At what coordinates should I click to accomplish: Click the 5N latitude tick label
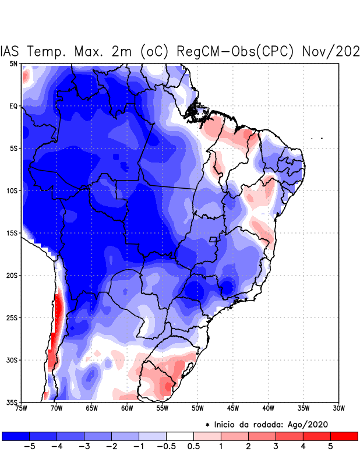coord(13,63)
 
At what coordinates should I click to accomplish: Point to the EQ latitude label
coord(13,106)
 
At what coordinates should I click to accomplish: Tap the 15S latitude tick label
coord(12,233)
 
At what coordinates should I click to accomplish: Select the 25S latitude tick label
coord(12,317)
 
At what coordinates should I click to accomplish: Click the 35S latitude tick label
coord(12,402)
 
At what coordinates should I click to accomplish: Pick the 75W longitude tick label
coord(22,408)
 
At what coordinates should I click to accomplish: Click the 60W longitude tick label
coord(126,408)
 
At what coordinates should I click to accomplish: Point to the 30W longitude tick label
coord(338,408)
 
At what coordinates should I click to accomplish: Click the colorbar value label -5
coord(29,447)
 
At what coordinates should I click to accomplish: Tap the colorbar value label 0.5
coord(193,447)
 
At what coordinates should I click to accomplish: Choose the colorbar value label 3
coord(276,447)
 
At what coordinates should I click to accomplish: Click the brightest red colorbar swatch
coord(344,436)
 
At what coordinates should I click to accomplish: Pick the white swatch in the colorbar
coord(179,436)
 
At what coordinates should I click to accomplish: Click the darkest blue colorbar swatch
coord(16,436)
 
